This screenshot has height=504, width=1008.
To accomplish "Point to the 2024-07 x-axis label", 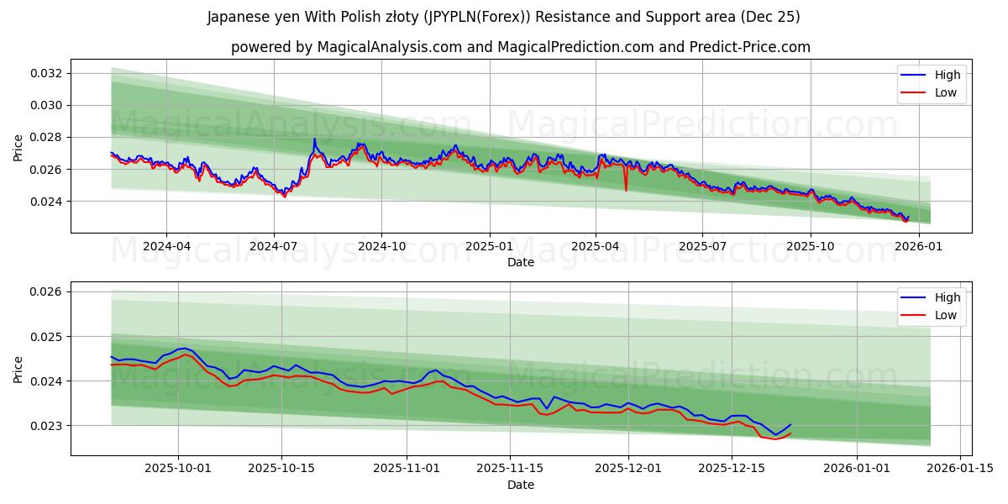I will click(x=274, y=246).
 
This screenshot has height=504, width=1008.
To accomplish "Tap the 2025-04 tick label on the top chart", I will click(x=596, y=246).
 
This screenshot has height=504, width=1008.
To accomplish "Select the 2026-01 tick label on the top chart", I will click(x=918, y=246).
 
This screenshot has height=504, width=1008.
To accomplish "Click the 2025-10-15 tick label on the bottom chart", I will click(x=281, y=469).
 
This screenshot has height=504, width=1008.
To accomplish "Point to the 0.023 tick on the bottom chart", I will click(x=48, y=426).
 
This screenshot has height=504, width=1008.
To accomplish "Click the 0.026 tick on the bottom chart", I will click(x=48, y=291).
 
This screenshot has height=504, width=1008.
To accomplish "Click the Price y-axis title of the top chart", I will click(x=18, y=147).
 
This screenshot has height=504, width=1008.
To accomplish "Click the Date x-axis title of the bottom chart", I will click(x=521, y=485).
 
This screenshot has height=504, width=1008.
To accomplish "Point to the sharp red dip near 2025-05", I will click(x=626, y=190).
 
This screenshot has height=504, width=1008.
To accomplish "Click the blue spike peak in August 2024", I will click(x=315, y=139).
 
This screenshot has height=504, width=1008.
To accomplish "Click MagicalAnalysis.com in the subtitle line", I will click(x=389, y=47).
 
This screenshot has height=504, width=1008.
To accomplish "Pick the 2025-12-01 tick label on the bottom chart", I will click(x=628, y=469).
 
